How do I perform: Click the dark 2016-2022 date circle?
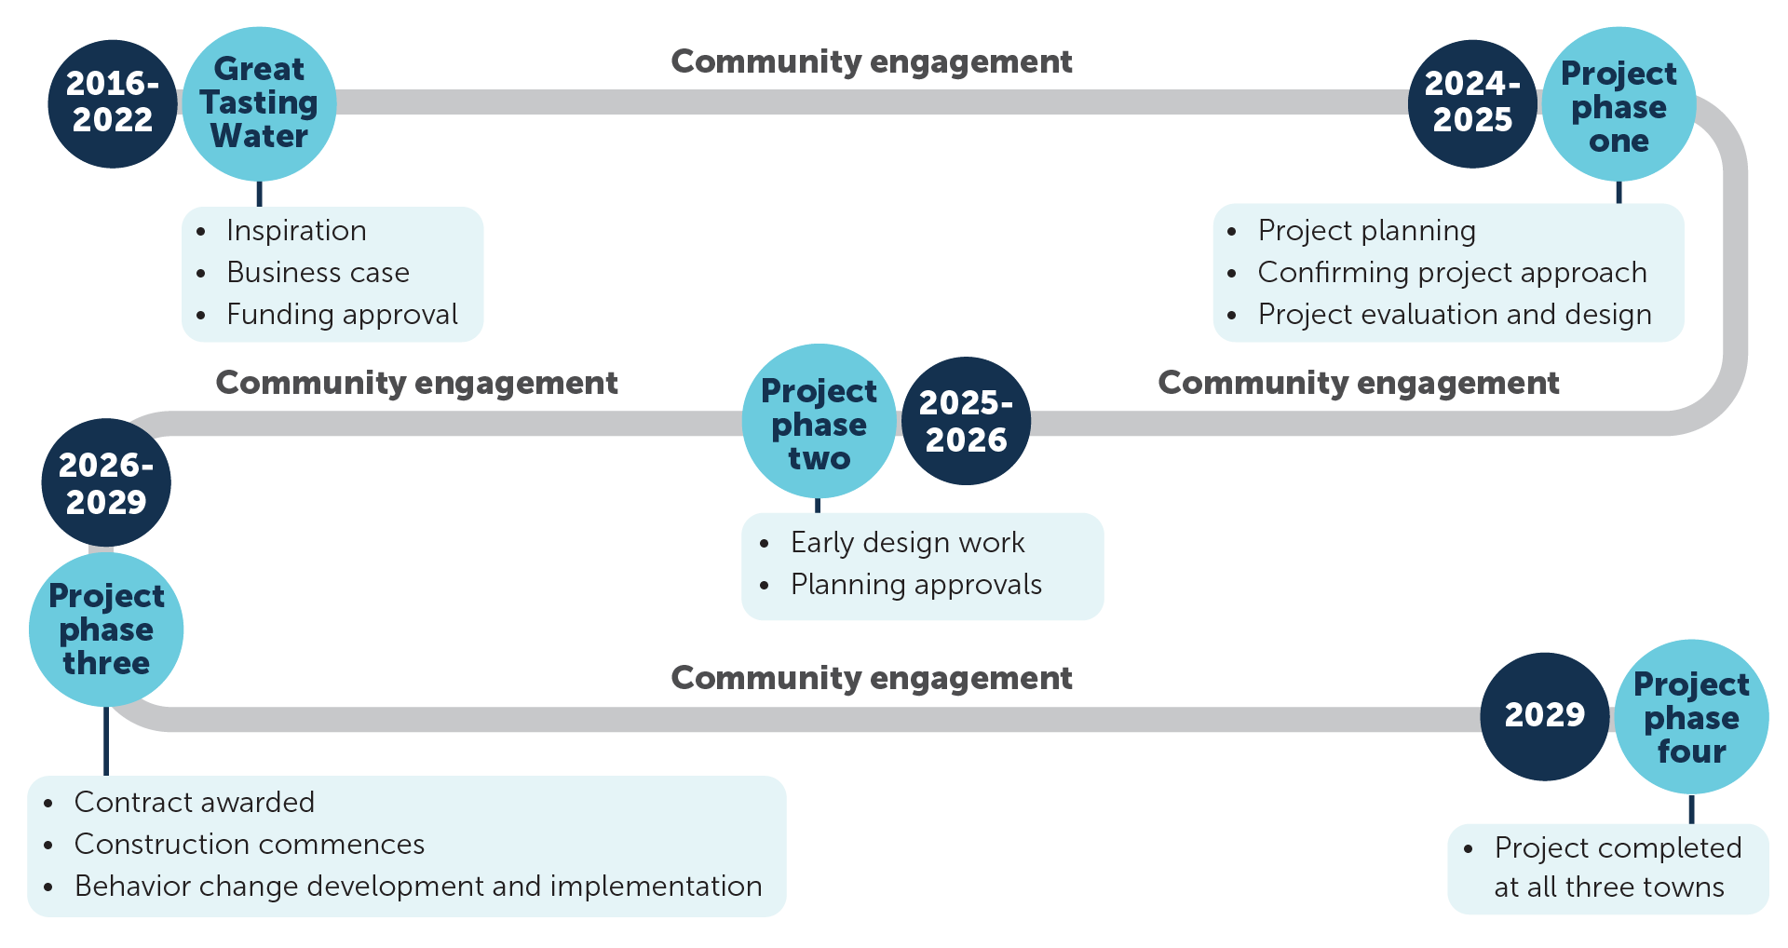click(112, 103)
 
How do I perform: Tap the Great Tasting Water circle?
click(259, 103)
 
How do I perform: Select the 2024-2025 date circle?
click(1471, 103)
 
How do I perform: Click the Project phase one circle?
click(1619, 105)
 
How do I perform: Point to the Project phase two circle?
click(819, 423)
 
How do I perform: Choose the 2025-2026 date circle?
click(966, 421)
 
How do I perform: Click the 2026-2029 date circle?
click(106, 482)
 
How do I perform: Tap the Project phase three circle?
click(106, 630)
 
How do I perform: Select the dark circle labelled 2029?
click(1544, 715)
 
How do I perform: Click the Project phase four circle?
click(1691, 717)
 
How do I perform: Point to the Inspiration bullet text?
click(296, 231)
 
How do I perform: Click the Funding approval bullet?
click(342, 315)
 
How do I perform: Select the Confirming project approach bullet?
click(1452, 273)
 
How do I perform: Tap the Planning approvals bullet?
click(915, 585)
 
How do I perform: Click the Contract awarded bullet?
click(194, 802)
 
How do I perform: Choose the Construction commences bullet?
click(249, 844)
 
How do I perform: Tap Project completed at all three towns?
click(1617, 866)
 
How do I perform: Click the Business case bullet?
click(318, 273)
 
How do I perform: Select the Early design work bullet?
click(907, 543)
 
